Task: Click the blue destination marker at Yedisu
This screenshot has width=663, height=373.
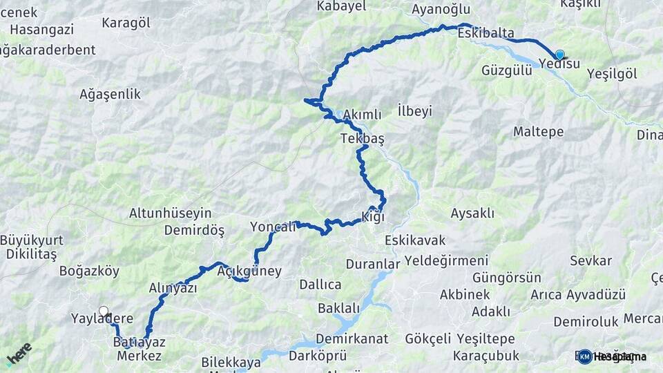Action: click(x=559, y=55)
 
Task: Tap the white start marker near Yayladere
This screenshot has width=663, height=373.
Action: click(x=104, y=312)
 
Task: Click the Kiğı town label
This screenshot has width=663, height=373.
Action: click(x=372, y=217)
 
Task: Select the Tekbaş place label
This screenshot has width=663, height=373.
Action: click(x=362, y=139)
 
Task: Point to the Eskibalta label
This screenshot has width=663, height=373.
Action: click(x=486, y=32)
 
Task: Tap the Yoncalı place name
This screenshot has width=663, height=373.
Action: click(x=273, y=227)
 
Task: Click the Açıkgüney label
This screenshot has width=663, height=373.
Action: click(x=249, y=271)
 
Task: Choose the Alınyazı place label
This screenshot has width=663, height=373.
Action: click(x=173, y=288)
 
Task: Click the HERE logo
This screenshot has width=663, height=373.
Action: click(x=19, y=354)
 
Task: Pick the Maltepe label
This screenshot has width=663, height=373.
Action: click(x=539, y=131)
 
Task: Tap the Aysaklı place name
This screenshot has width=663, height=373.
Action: click(x=472, y=213)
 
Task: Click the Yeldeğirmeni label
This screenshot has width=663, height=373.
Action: click(x=446, y=260)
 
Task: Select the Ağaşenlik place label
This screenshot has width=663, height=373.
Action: click(x=110, y=94)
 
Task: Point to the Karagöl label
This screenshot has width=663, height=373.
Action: click(x=126, y=23)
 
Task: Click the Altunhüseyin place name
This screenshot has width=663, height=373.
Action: click(x=171, y=213)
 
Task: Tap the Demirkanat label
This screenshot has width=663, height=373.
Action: click(x=352, y=339)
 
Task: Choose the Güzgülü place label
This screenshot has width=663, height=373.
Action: click(x=507, y=70)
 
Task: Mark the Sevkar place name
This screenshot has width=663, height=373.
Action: click(x=590, y=260)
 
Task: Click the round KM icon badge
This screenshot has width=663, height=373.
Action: click(x=585, y=356)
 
